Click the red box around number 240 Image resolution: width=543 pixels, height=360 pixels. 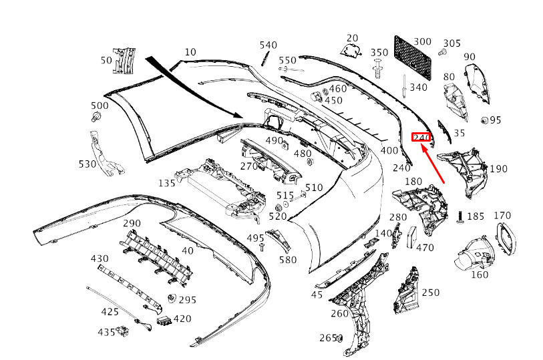tap(421, 138)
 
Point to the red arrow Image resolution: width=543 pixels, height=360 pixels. tap(432, 164)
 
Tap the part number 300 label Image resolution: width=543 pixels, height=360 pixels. tap(423, 42)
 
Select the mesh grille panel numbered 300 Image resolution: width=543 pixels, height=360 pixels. tap(413, 58)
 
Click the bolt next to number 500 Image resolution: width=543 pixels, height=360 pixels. tap(96, 117)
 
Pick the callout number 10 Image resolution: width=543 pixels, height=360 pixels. tap(190, 52)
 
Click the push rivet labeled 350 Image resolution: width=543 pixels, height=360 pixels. tap(377, 69)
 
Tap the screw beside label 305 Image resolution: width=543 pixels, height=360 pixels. tap(442, 52)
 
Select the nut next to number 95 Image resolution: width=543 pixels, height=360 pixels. tap(484, 120)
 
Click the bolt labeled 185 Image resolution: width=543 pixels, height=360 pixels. tap(461, 216)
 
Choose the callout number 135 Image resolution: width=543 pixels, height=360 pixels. tap(166, 183)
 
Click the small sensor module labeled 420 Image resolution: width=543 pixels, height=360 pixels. tap(164, 321)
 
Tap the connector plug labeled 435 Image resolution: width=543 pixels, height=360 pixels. tap(123, 331)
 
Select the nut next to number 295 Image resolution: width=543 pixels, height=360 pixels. tap(172, 298)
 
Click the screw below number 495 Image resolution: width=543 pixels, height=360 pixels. tap(262, 247)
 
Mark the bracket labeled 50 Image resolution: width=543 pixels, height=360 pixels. tap(124, 61)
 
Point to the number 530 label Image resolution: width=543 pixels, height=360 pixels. tap(87, 164)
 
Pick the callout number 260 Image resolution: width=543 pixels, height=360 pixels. tap(339, 314)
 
